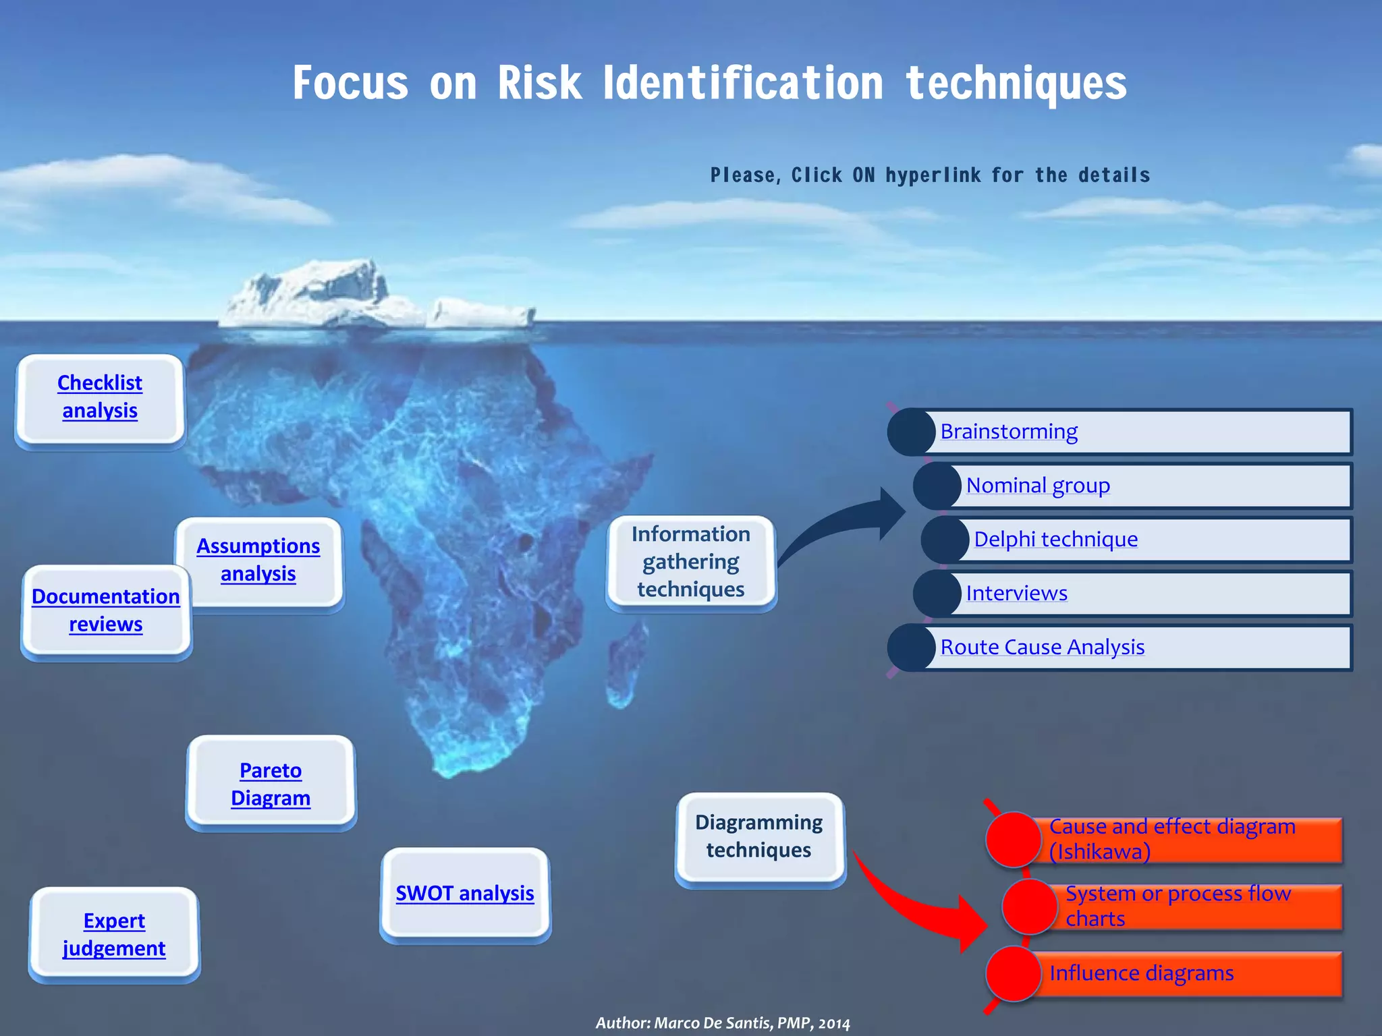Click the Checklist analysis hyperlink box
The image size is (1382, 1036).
[x=100, y=397]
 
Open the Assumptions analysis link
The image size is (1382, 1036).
[x=258, y=559]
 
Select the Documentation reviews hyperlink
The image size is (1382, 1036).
[x=106, y=610]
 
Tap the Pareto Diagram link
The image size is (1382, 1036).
[x=271, y=784]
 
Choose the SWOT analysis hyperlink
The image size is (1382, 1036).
[x=465, y=894]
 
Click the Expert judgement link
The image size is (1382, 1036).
[x=114, y=935]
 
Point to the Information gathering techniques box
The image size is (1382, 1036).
[x=691, y=562]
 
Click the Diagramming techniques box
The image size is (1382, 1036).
[x=759, y=836]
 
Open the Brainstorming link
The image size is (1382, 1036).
[x=1009, y=432]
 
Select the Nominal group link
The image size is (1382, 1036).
[x=1038, y=486]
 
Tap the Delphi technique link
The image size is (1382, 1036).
[x=1055, y=540]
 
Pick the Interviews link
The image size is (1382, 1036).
[x=1016, y=594]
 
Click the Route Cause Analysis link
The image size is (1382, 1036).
[x=1043, y=647]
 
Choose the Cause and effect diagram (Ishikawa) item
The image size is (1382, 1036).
[x=1172, y=839]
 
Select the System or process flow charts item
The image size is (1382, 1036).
[x=1178, y=906]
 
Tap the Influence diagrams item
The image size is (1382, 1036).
[x=1141, y=973]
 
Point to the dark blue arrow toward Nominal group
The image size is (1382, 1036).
[x=850, y=523]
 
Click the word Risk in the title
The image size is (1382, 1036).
[x=540, y=84]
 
